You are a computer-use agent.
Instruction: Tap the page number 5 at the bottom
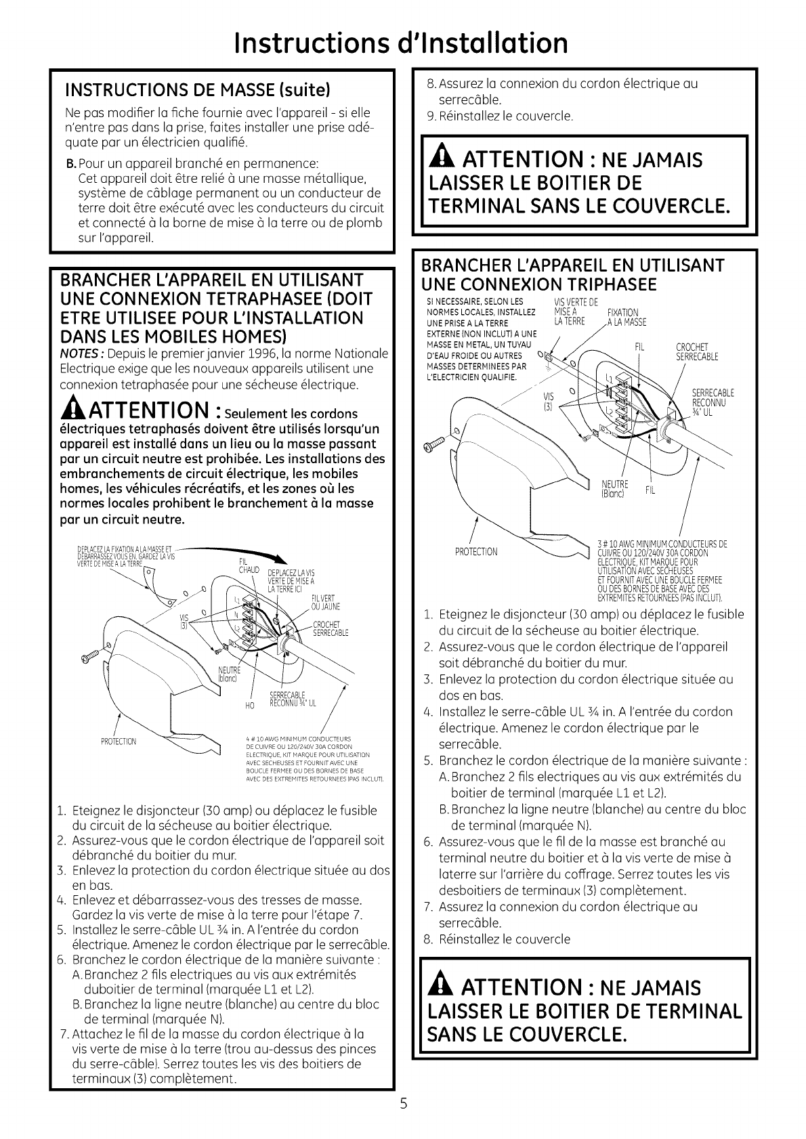point(402,1104)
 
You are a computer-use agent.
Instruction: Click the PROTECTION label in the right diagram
point(477,551)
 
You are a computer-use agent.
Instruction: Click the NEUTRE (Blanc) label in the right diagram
point(615,488)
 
